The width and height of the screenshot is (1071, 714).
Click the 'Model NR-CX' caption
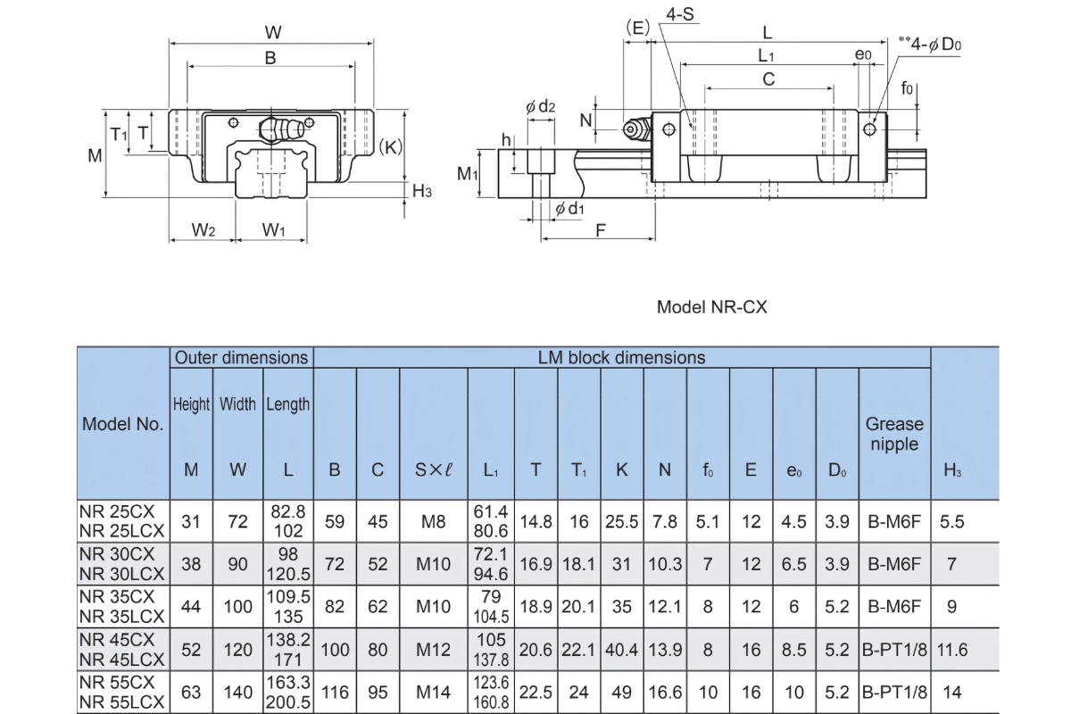(x=711, y=307)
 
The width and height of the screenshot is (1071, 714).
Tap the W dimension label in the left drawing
(x=272, y=33)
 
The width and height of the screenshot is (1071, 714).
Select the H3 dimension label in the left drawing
(x=422, y=191)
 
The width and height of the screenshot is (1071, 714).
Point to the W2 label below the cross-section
(x=203, y=231)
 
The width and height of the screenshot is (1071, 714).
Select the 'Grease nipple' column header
(x=894, y=434)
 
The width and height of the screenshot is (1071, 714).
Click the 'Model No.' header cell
(x=123, y=424)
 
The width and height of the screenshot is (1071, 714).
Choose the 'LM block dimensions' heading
(x=621, y=358)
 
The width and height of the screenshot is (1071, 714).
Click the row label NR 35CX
(x=117, y=594)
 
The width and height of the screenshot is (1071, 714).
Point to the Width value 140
(x=237, y=692)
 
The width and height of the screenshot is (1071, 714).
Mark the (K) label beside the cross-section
(x=390, y=146)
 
